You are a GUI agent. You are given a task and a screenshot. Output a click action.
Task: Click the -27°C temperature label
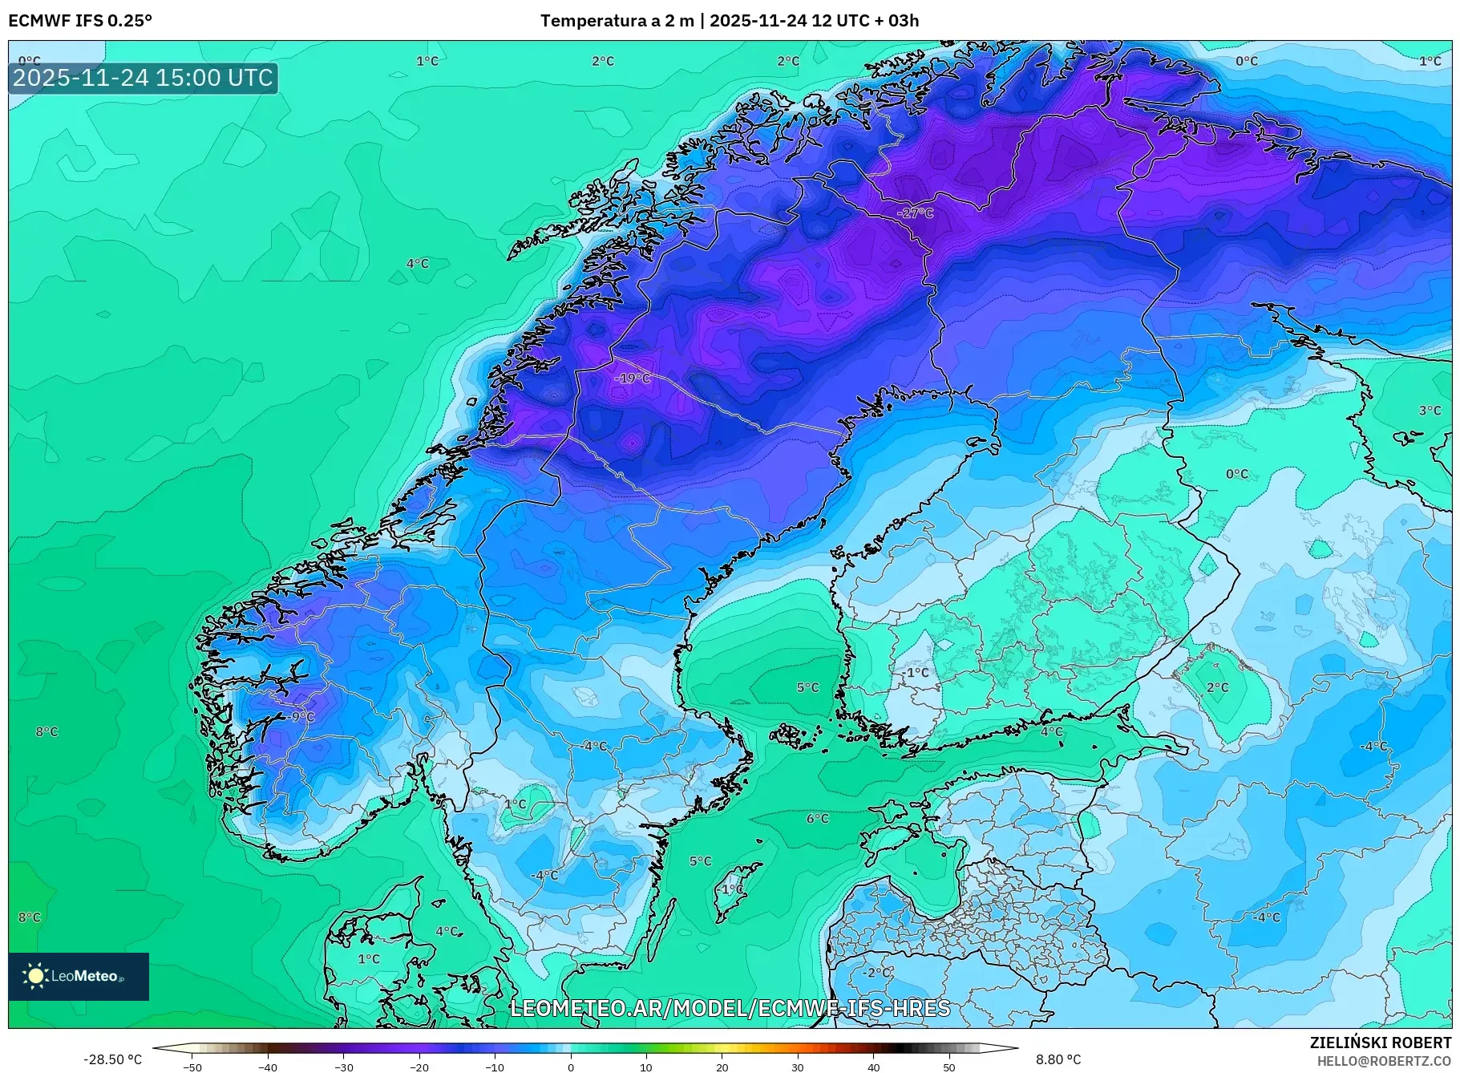[916, 213]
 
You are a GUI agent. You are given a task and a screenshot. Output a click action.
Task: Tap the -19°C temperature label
[633, 378]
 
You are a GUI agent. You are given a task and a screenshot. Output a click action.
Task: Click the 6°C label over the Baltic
[817, 818]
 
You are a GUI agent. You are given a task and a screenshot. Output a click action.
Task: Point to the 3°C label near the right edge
[1430, 410]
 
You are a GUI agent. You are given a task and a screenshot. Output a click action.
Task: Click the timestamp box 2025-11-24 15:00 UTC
[143, 78]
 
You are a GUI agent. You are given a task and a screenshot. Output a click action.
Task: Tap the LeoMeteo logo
[78, 976]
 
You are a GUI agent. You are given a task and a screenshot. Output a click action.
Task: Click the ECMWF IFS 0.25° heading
[80, 21]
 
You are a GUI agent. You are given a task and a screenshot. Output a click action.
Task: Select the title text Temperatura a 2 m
[617, 21]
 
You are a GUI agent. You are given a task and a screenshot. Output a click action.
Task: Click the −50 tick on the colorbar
[192, 1067]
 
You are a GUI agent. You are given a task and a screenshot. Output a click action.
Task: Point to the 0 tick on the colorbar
[570, 1067]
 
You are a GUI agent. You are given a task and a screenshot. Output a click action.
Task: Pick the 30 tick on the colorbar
[797, 1067]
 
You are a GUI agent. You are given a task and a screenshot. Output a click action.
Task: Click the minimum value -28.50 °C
[112, 1059]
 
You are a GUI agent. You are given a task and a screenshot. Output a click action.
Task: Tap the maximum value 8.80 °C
[1058, 1059]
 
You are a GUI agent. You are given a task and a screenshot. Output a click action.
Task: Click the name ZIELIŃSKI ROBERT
[1380, 1043]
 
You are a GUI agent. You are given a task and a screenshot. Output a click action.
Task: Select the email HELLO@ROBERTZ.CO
[1383, 1061]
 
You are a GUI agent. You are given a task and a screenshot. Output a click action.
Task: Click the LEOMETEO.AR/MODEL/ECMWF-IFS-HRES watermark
[730, 1008]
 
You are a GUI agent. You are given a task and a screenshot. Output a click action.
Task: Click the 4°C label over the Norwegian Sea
[417, 263]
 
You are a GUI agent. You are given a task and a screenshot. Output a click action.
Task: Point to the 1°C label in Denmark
[368, 958]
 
